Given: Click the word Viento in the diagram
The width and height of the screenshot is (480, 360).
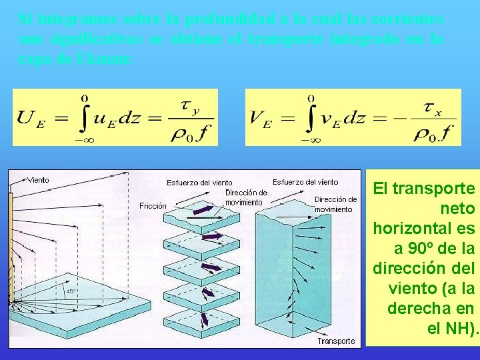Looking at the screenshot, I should (x=38, y=180).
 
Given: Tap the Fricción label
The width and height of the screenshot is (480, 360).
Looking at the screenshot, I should (x=153, y=206).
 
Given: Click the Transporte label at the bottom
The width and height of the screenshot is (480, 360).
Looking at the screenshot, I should (x=336, y=341).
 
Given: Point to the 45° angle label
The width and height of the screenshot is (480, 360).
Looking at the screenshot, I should (x=70, y=291).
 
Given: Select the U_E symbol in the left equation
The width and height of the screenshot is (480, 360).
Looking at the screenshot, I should (x=27, y=119).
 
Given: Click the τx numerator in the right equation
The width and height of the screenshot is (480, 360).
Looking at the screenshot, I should (x=433, y=108).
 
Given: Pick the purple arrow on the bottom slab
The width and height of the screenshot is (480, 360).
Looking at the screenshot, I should (x=204, y=319).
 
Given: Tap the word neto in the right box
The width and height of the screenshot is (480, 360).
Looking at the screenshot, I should (x=459, y=209).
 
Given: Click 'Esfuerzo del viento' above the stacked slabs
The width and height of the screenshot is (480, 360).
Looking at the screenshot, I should (x=199, y=183).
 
